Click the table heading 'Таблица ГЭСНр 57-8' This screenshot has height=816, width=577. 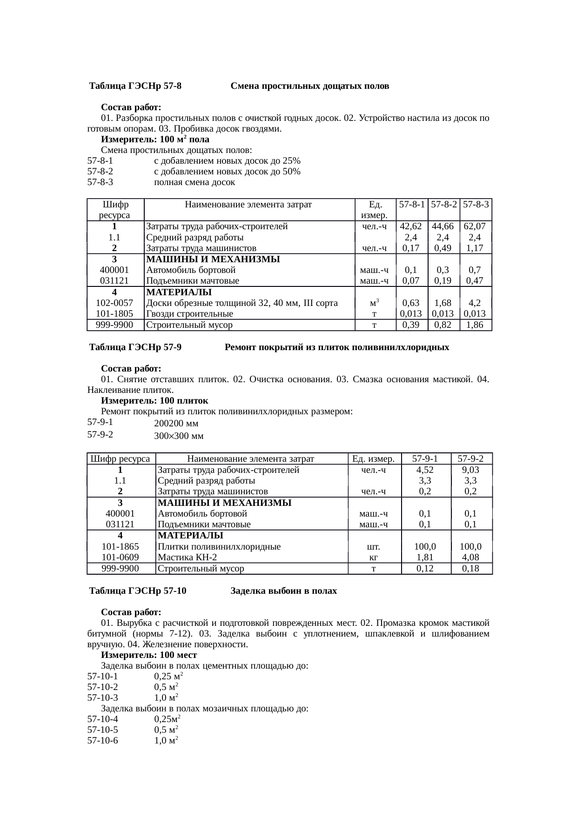135,86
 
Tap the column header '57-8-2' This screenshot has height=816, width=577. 444,204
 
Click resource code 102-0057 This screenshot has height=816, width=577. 114,303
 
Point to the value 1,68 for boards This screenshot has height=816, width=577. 444,303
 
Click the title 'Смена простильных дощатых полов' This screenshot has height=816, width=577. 310,86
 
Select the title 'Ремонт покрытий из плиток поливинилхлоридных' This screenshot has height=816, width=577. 337,347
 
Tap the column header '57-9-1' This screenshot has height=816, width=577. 426,459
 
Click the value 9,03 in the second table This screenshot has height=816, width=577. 471,470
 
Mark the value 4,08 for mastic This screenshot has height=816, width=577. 471,557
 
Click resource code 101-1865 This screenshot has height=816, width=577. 121,547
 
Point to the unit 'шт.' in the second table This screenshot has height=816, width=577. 374,547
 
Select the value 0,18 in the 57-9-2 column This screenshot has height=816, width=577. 471,568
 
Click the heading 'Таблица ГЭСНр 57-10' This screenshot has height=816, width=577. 138,591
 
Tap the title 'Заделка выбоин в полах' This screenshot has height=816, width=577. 284,591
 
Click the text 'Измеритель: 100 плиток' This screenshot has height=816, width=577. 154,401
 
